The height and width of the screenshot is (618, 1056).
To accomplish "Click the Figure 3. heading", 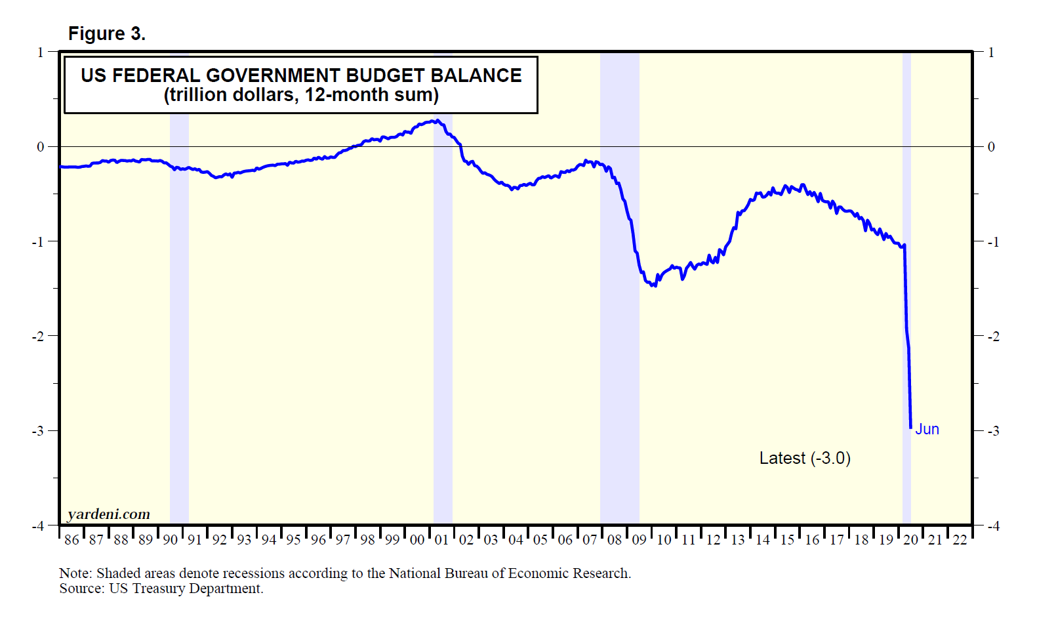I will pyautogui.click(x=106, y=33).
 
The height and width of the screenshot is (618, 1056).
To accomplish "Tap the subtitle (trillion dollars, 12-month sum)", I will pyautogui.click(x=301, y=95).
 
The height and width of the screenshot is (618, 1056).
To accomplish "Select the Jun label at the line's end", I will pyautogui.click(x=927, y=429).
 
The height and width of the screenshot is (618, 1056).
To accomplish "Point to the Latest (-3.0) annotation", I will pyautogui.click(x=805, y=458).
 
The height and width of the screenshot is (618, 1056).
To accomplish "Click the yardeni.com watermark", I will pyautogui.click(x=109, y=514).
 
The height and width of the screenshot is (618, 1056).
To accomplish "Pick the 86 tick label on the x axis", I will pyautogui.click(x=71, y=540).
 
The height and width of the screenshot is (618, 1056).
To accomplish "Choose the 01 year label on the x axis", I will pyautogui.click(x=441, y=540).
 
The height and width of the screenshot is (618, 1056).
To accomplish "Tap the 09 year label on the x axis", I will pyautogui.click(x=639, y=540).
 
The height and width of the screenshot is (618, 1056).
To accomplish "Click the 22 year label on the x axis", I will pyautogui.click(x=960, y=540).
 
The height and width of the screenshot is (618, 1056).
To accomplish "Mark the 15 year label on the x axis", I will pyautogui.click(x=787, y=540).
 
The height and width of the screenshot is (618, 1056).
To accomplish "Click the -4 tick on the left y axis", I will pyautogui.click(x=39, y=526).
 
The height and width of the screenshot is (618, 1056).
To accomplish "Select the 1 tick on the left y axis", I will pyautogui.click(x=41, y=52).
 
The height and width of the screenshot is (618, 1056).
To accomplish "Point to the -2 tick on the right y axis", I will pyautogui.click(x=994, y=337).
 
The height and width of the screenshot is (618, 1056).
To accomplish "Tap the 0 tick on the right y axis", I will pyautogui.click(x=991, y=147).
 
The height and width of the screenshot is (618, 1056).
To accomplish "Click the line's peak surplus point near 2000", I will pyautogui.click(x=436, y=121).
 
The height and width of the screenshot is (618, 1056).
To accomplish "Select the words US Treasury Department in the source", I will pyautogui.click(x=186, y=588).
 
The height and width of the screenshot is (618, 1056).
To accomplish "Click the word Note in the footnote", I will pyautogui.click(x=74, y=573).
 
